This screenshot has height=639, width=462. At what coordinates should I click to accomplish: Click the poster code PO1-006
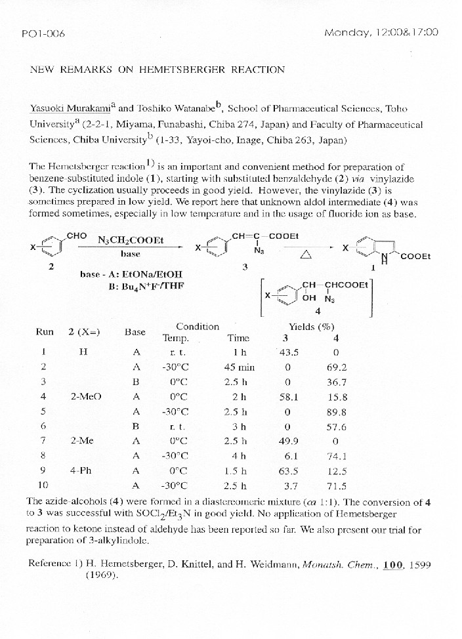43,33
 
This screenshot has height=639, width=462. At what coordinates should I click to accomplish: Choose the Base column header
135,332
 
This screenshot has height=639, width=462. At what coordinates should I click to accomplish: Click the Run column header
45,332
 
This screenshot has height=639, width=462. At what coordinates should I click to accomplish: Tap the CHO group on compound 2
77,236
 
